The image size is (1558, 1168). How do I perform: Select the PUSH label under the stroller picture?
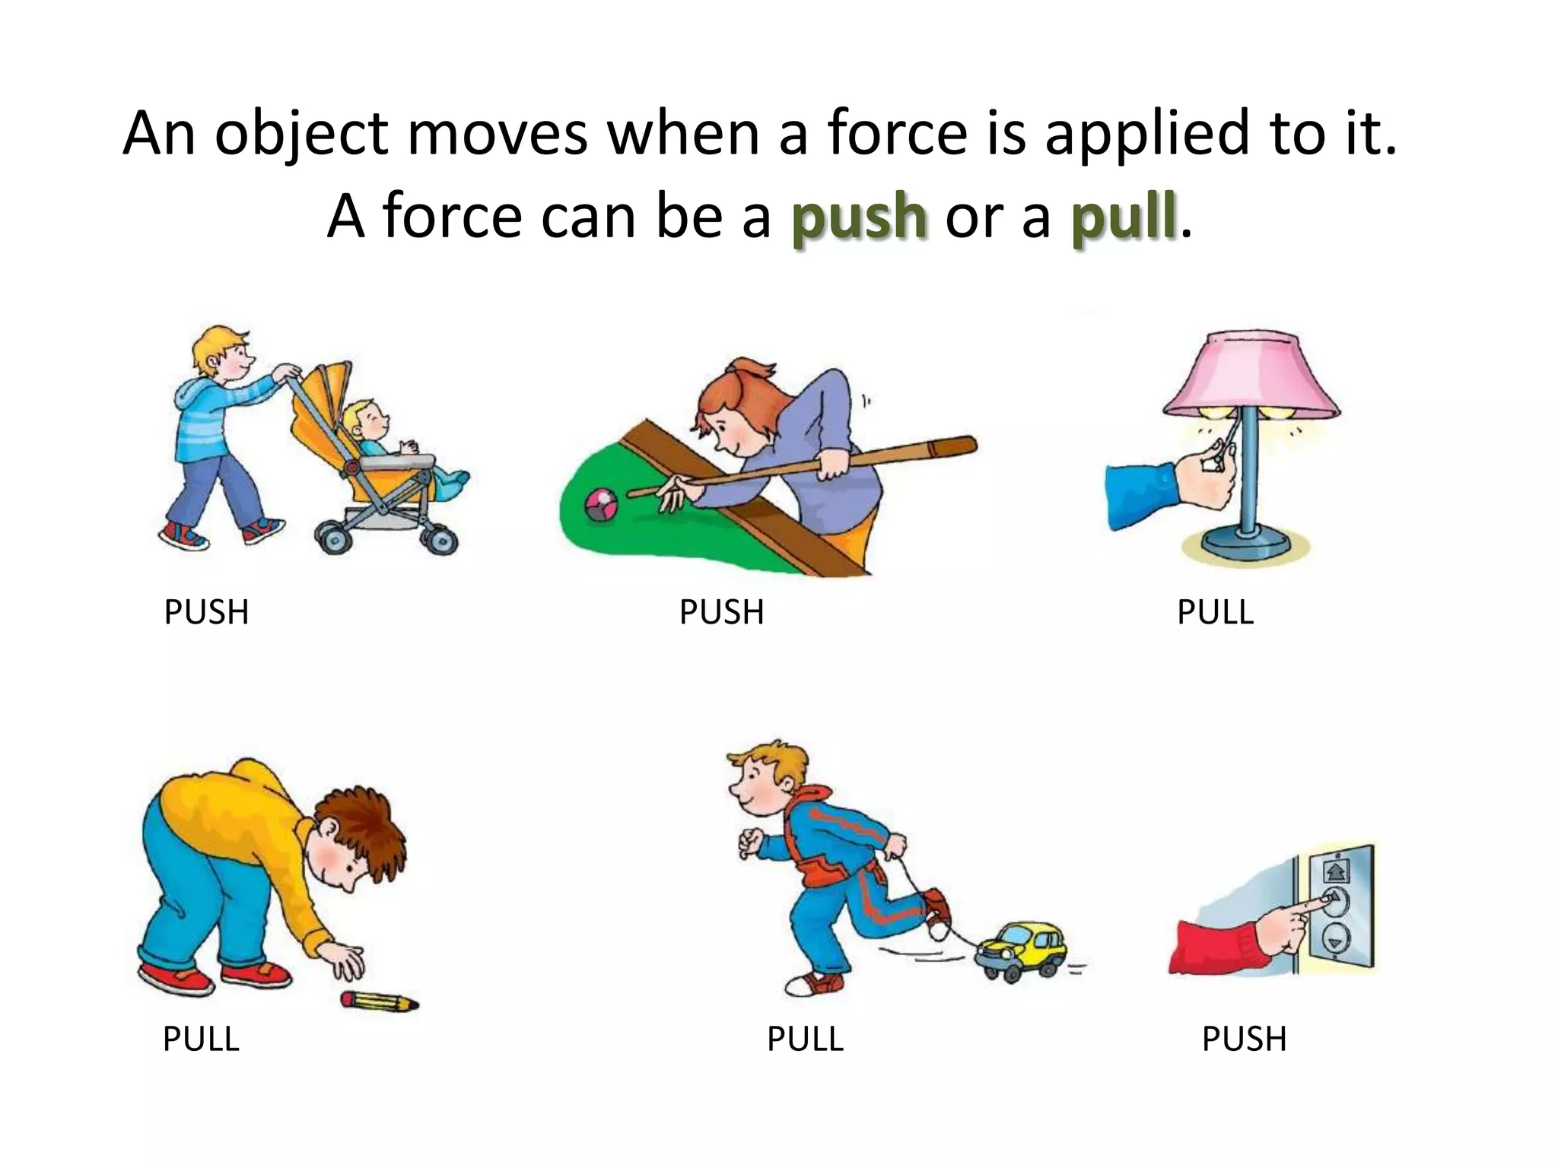point(206,612)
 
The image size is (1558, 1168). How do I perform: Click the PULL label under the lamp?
point(1215,612)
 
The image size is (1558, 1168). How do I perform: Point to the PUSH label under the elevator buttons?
point(1244,1039)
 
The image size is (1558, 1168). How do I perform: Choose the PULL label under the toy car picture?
point(805,1039)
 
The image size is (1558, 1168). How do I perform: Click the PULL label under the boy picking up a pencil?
point(201,1039)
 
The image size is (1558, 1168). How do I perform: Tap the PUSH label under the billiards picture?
point(721,612)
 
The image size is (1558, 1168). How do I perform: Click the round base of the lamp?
point(1247,543)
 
